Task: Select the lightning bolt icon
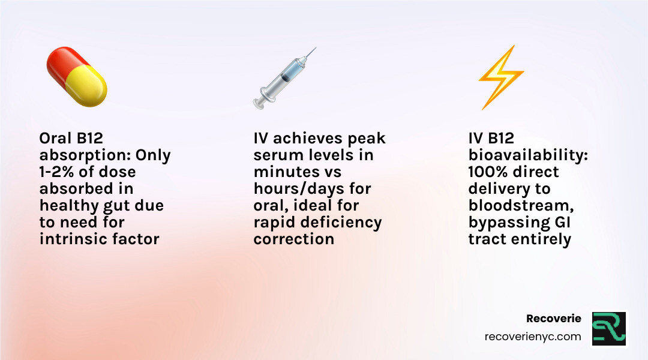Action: pyautogui.click(x=500, y=77)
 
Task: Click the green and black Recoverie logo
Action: pyautogui.click(x=608, y=328)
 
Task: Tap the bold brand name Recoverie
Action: pyautogui.click(x=553, y=319)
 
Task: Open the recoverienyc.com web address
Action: pyautogui.click(x=532, y=337)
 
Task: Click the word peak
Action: pyautogui.click(x=367, y=139)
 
